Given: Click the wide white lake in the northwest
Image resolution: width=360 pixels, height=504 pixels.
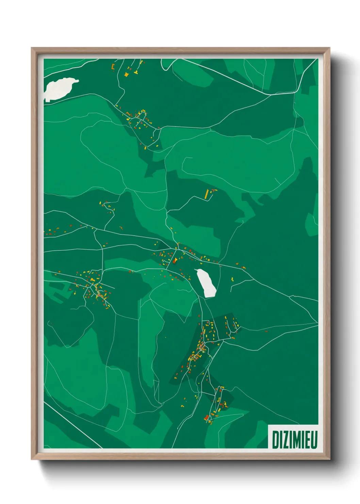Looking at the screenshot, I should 59,88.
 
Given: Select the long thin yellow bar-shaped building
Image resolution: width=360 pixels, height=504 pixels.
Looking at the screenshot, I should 206,194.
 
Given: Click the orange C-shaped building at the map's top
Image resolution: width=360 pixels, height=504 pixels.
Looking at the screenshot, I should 113,66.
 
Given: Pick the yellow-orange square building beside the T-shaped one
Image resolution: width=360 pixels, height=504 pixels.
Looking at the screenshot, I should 126,74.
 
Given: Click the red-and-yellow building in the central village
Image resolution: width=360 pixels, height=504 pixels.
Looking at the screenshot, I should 175,261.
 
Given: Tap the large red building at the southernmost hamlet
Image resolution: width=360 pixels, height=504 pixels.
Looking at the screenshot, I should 206,417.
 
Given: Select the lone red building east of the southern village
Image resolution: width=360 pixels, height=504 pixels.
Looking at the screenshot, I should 266,331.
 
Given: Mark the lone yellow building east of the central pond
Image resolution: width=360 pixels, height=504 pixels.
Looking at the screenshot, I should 232,279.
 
